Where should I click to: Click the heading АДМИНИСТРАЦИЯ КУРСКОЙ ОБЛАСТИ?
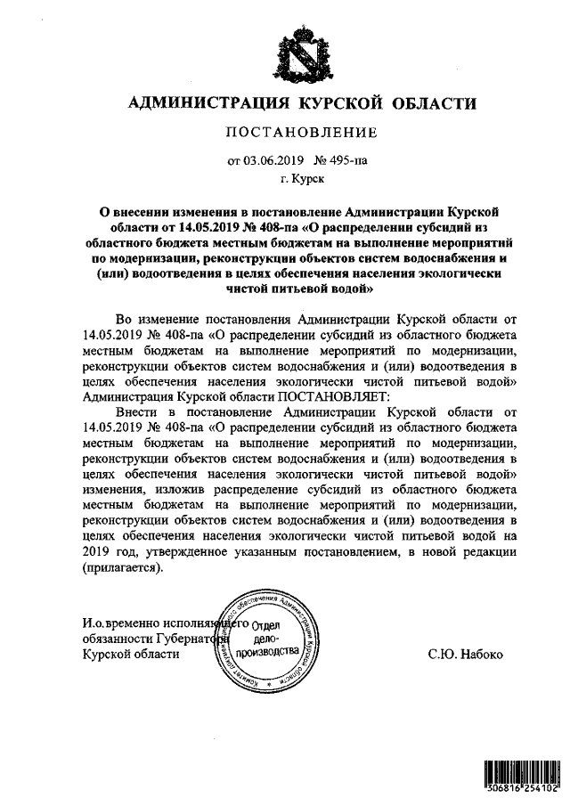point(303,103)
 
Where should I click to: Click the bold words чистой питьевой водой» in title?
point(303,289)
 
